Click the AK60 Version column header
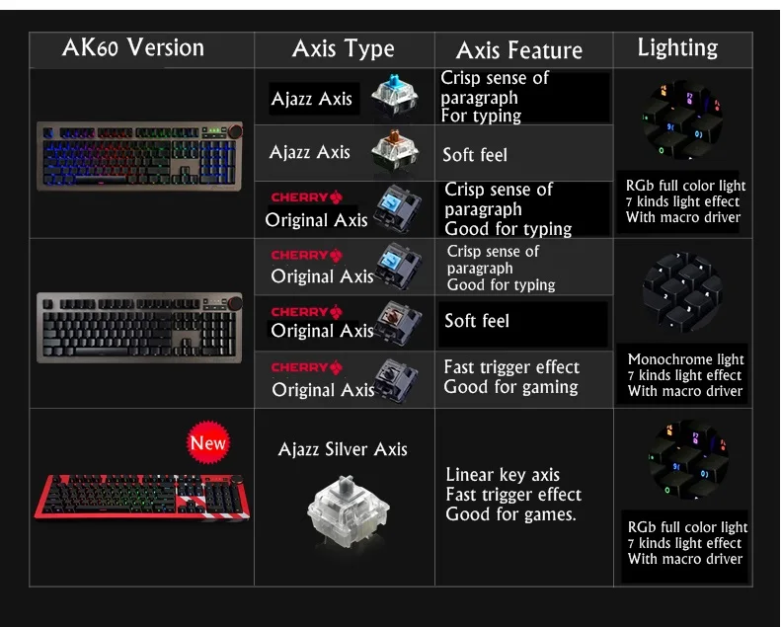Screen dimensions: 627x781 (x=132, y=47)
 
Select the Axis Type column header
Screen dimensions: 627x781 (x=343, y=48)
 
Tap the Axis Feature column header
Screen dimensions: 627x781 (x=519, y=50)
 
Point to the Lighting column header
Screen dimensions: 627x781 (x=677, y=47)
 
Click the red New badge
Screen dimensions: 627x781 (x=208, y=442)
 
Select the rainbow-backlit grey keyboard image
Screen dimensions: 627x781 (x=139, y=156)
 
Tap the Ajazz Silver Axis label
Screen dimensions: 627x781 (x=343, y=449)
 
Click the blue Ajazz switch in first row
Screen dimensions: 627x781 (x=394, y=96)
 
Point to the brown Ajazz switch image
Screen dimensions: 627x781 (x=394, y=152)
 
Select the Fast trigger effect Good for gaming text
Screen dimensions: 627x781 (x=511, y=376)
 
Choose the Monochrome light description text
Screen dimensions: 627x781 (x=685, y=375)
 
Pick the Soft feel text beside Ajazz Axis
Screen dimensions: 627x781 (x=474, y=155)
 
